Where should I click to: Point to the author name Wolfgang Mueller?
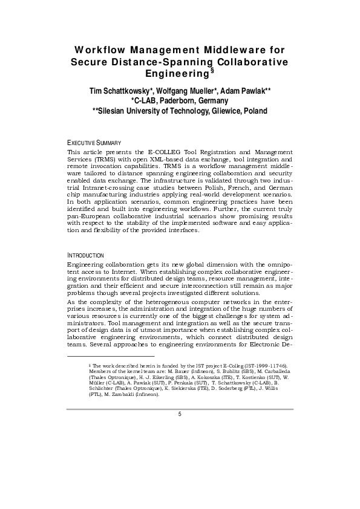[181, 91]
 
